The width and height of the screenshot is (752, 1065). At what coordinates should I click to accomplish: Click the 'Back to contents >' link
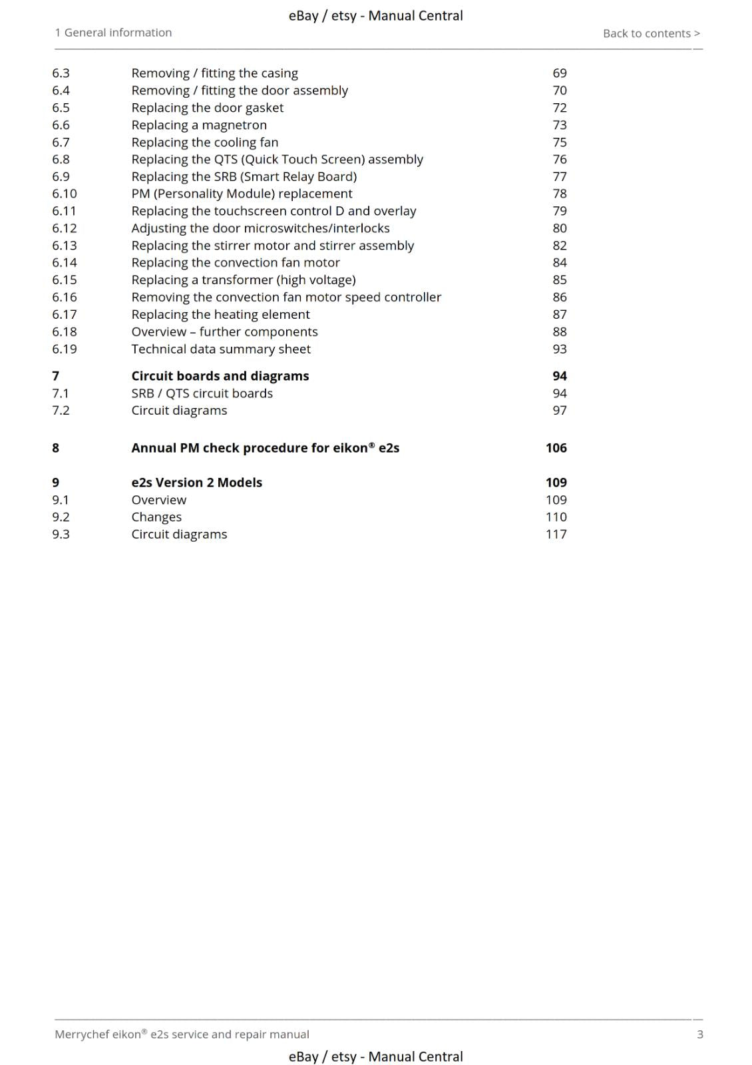pyautogui.click(x=651, y=33)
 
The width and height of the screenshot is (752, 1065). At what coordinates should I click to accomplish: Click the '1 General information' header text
pyautogui.click(x=113, y=33)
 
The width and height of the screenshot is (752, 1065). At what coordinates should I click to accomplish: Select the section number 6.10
pyautogui.click(x=65, y=194)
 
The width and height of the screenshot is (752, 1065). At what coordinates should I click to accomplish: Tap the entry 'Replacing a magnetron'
pyautogui.click(x=199, y=125)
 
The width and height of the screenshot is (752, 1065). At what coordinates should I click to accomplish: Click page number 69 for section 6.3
pyautogui.click(x=560, y=73)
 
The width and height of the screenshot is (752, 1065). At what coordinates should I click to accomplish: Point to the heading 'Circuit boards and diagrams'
pyautogui.click(x=220, y=376)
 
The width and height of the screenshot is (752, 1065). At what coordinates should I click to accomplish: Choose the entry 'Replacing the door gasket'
pyautogui.click(x=207, y=108)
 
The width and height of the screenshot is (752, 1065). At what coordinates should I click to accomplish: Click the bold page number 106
pyautogui.click(x=556, y=448)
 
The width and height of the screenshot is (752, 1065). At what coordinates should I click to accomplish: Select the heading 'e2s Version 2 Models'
pyautogui.click(x=196, y=483)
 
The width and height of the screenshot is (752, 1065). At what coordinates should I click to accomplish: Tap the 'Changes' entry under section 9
pyautogui.click(x=156, y=517)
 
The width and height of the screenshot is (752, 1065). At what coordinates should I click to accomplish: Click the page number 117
pyautogui.click(x=556, y=534)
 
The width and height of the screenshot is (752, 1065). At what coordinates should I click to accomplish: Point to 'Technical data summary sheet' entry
pyautogui.click(x=221, y=349)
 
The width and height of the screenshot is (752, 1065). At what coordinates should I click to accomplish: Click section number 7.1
pyautogui.click(x=61, y=393)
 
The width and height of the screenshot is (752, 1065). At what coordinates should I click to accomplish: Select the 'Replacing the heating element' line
pyautogui.click(x=220, y=315)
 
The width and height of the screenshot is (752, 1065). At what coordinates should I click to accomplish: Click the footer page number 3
pyautogui.click(x=699, y=1034)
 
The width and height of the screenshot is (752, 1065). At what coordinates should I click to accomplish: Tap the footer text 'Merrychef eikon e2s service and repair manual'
pyautogui.click(x=182, y=1034)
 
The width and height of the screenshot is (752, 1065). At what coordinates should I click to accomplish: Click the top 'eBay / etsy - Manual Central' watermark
pyautogui.click(x=375, y=16)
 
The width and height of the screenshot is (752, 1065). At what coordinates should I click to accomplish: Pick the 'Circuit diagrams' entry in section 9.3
pyautogui.click(x=179, y=534)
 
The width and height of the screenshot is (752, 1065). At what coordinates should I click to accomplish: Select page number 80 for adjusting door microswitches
pyautogui.click(x=560, y=228)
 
